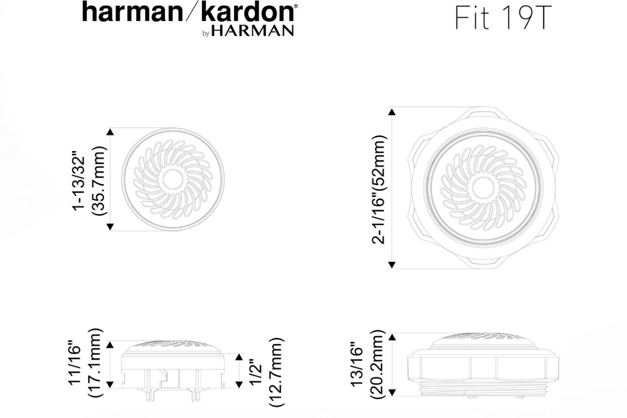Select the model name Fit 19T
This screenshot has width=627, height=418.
[x=503, y=18]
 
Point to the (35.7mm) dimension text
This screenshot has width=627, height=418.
[x=99, y=181]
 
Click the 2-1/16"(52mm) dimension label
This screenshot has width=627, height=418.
[x=379, y=189]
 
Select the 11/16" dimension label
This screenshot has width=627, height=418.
[x=77, y=364]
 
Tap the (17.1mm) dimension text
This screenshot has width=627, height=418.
[x=97, y=364]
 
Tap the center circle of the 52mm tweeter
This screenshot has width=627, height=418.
[x=481, y=187]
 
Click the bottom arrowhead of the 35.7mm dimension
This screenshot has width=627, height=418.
[x=110, y=226]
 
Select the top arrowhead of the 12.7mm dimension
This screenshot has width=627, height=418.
[x=239, y=357]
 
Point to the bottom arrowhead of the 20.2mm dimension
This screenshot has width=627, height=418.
[x=392, y=392]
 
